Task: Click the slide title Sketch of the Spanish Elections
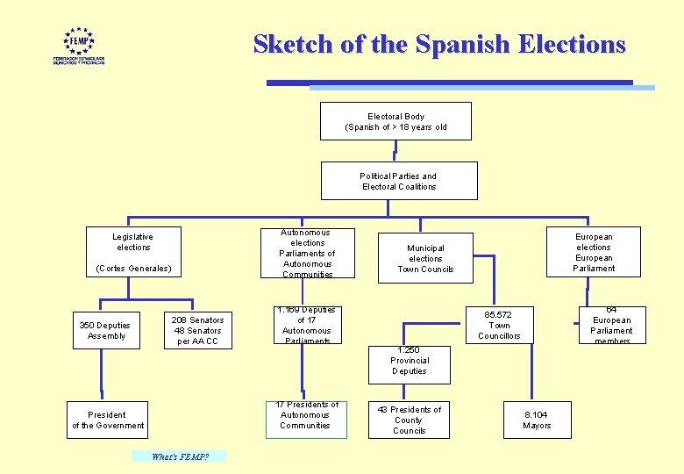pos(439,44)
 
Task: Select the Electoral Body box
pos(395,121)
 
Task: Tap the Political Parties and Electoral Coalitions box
pos(399,181)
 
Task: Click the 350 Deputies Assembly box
pos(104,330)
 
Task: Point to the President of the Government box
pos(108,420)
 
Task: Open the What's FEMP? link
pos(179,456)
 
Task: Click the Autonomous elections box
pos(307,254)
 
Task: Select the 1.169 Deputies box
pos(306,325)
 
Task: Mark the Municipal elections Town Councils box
pos(425,258)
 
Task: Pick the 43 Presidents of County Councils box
pos(409,420)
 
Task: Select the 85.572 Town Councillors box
pos(499,325)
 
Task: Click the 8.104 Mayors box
pos(537,420)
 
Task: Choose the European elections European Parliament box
pos(594,252)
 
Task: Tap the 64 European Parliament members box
pos(612,325)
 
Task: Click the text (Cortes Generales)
pos(133,268)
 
